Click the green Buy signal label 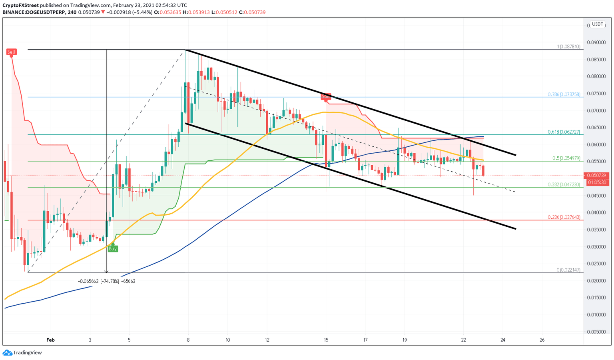click(x=113, y=249)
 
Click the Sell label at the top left click(x=11, y=52)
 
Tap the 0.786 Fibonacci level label click(x=564, y=94)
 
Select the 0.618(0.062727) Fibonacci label click(x=564, y=132)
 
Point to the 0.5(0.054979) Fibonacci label click(x=566, y=158)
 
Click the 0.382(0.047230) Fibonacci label click(x=564, y=185)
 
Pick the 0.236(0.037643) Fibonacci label click(x=564, y=217)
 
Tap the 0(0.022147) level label click(x=568, y=270)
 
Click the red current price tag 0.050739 click(x=598, y=176)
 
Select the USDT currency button click(x=598, y=24)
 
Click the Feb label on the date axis click(x=50, y=340)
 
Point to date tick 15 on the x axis click(x=326, y=340)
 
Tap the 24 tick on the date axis click(x=502, y=340)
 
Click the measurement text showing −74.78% click(x=106, y=281)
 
